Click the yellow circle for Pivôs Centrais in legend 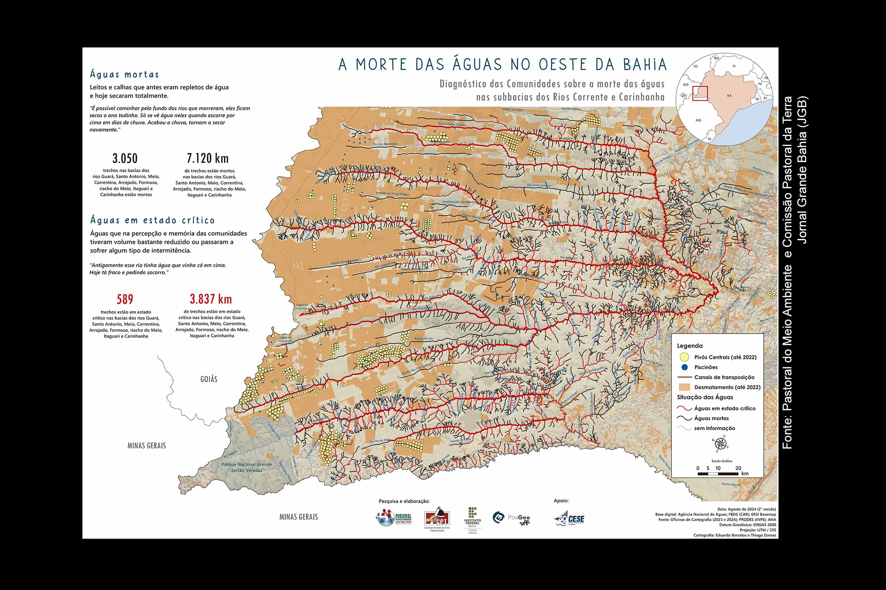(x=685, y=357)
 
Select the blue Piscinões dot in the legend (x=685, y=367)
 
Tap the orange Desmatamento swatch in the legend (x=684, y=387)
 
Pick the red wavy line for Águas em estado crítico (x=684, y=408)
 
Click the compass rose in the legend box (x=720, y=444)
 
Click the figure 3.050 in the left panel (x=125, y=159)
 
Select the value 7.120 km (x=207, y=159)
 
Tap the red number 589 (x=125, y=299)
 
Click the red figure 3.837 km (x=210, y=299)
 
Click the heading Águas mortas (x=125, y=74)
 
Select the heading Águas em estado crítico (x=152, y=220)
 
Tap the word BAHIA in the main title (x=645, y=64)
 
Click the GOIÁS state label (x=209, y=379)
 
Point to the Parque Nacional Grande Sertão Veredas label (x=246, y=467)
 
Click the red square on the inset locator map (x=700, y=93)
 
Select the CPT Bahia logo (x=437, y=520)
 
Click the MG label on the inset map (x=698, y=121)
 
